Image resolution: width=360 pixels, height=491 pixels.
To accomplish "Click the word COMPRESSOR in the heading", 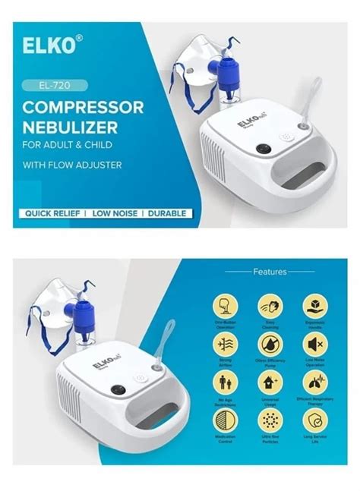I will click(84, 107).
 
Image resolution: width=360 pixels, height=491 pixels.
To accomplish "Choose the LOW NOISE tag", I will click(115, 213).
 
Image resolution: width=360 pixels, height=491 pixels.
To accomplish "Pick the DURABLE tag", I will click(166, 213).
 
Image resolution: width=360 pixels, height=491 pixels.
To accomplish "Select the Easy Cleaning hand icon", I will click(270, 307).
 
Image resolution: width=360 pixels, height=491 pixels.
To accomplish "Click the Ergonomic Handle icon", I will click(314, 307).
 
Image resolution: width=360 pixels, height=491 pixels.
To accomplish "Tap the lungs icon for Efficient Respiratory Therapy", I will click(314, 382).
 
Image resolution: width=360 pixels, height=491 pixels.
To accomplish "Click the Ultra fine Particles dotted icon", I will click(270, 420).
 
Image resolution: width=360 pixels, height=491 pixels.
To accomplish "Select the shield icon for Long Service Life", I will click(314, 420).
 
